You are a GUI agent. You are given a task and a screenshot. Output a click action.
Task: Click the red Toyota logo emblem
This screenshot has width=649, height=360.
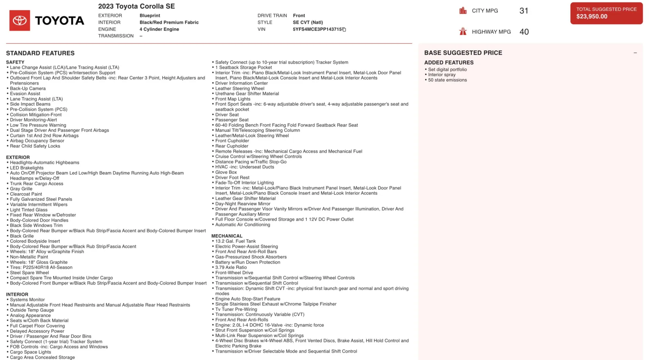point(19,21)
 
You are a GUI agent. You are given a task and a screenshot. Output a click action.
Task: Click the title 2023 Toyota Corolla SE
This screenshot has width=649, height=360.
point(136,6)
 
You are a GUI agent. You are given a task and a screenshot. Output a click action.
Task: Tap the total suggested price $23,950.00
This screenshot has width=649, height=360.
point(592,17)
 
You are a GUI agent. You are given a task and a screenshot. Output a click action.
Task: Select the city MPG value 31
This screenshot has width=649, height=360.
point(524,11)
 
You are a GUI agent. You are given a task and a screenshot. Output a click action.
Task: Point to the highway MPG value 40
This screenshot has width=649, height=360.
point(524,32)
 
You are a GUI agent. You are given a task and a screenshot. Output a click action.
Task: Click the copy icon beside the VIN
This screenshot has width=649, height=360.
point(344,30)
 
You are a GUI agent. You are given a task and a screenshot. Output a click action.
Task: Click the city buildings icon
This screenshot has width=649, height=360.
point(463,11)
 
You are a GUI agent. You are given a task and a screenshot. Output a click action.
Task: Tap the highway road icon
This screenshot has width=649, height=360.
point(463,32)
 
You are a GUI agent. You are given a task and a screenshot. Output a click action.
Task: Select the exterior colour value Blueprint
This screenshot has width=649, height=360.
point(150,16)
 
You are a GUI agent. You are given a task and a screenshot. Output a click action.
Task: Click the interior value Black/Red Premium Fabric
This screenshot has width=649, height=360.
point(169,23)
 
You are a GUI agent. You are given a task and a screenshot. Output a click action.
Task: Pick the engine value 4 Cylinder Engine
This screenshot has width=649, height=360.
point(159,29)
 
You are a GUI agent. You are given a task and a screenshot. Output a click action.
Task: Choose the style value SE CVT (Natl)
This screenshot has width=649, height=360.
point(308,23)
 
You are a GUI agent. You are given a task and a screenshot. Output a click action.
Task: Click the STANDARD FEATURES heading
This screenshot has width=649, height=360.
point(40,53)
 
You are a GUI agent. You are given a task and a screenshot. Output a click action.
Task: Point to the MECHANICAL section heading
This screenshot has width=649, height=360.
point(227,236)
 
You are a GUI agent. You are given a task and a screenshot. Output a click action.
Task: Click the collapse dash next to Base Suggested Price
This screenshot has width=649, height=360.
point(635,53)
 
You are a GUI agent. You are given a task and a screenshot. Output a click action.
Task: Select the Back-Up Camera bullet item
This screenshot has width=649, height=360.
point(28,88)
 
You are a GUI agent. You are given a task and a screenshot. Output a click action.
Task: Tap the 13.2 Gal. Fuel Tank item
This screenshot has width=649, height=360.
point(235,241)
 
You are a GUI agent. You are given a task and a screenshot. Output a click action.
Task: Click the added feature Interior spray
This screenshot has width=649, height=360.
point(442,75)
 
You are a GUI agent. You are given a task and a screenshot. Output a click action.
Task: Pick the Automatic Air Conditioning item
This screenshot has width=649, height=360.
point(243,225)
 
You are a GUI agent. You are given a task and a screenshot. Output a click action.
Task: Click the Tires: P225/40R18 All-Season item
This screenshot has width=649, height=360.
point(41,267)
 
